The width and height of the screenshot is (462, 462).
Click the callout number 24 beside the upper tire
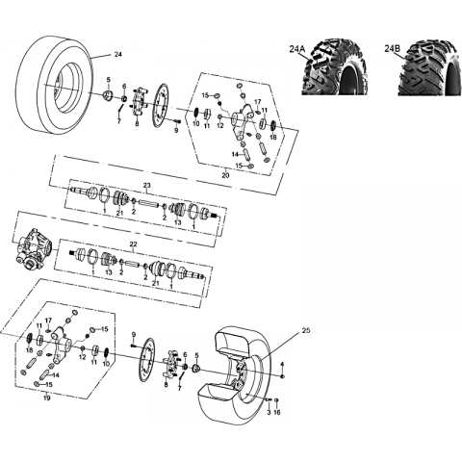pyautogui.click(x=118, y=55)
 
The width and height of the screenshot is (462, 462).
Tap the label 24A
pyautogui.click(x=297, y=49)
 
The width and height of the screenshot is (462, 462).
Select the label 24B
pyautogui.click(x=393, y=49)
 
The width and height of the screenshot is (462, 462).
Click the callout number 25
pyautogui.click(x=306, y=331)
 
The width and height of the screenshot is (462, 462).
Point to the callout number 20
pyautogui.click(x=225, y=175)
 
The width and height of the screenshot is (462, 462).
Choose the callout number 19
pyautogui.click(x=47, y=398)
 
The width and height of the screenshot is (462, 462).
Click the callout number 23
pyautogui.click(x=147, y=186)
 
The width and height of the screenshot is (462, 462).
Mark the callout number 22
pyautogui.click(x=133, y=244)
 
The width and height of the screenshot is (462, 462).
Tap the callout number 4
pyautogui.click(x=282, y=364)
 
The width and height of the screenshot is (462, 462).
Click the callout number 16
pyautogui.click(x=277, y=412)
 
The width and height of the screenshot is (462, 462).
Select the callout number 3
pyautogui.click(x=269, y=412)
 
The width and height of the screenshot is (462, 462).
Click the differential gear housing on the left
pyautogui.click(x=35, y=249)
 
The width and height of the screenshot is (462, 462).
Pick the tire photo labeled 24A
pyautogui.click(x=335, y=67)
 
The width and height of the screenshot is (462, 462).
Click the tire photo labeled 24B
pyautogui.click(x=429, y=67)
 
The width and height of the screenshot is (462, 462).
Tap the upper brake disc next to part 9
pyautogui.click(x=163, y=105)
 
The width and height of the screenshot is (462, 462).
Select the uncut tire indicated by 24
pyautogui.click(x=55, y=86)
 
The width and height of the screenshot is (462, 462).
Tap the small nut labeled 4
pyautogui.click(x=282, y=375)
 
